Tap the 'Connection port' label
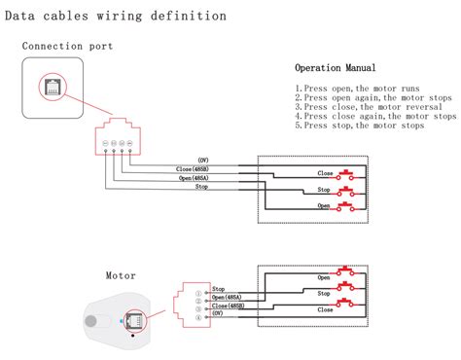point(67,46)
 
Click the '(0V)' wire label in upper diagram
point(202,160)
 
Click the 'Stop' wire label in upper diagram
point(201,186)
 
